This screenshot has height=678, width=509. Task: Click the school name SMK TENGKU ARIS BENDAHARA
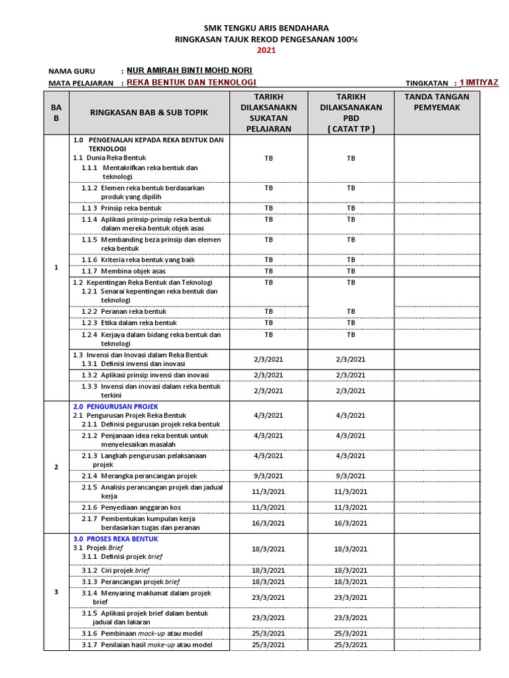click(x=265, y=28)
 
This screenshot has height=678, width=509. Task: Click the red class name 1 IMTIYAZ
click(x=479, y=82)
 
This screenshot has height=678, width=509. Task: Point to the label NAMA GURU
click(x=72, y=72)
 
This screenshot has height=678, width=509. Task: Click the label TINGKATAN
click(x=427, y=83)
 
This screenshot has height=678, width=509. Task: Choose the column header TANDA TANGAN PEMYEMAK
click(x=437, y=102)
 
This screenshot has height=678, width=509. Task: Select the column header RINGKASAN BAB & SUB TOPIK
click(x=148, y=113)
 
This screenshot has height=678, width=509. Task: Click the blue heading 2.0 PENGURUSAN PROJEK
click(x=115, y=406)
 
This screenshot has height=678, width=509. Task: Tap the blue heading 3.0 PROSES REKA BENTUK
click(x=115, y=539)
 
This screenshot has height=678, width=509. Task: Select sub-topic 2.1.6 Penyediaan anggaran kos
click(x=131, y=507)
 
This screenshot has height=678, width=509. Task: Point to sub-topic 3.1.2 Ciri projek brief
click(x=115, y=570)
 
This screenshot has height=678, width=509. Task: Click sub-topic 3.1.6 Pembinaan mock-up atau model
click(x=142, y=634)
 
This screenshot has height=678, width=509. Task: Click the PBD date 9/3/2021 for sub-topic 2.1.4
click(x=351, y=476)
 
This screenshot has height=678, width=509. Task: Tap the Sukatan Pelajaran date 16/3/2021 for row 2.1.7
click(x=268, y=523)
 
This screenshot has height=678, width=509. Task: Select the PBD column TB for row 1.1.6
click(x=351, y=260)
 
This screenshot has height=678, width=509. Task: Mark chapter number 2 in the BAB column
click(x=56, y=467)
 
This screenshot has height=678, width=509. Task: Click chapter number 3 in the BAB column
click(x=56, y=592)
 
